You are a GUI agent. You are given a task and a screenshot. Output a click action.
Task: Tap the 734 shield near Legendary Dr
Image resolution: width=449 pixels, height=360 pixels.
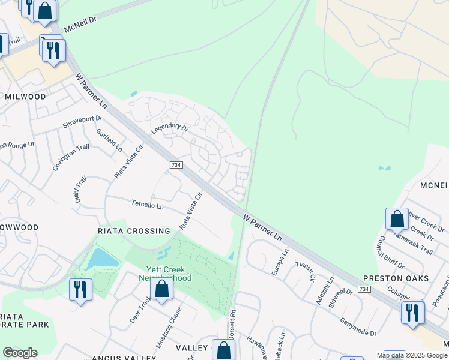(176, 165)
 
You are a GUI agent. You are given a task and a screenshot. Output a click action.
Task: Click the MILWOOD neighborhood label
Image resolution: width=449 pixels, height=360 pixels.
(25, 96)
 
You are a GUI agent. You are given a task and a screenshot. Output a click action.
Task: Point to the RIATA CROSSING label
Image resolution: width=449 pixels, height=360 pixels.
(134, 231)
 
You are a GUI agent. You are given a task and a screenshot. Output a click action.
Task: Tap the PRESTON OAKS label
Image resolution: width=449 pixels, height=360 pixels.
(396, 279)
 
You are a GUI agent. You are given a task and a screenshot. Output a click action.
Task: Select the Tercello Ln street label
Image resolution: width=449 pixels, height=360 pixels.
(148, 205)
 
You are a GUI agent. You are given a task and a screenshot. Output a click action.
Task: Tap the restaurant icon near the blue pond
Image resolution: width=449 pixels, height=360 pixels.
(80, 290)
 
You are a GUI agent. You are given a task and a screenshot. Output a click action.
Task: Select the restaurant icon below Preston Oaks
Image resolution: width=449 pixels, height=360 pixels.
(412, 312)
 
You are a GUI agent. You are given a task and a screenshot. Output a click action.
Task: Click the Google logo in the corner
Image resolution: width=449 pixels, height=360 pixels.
(20, 353)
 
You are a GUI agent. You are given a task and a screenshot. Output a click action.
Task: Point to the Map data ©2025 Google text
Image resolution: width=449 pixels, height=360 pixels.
(411, 355)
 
